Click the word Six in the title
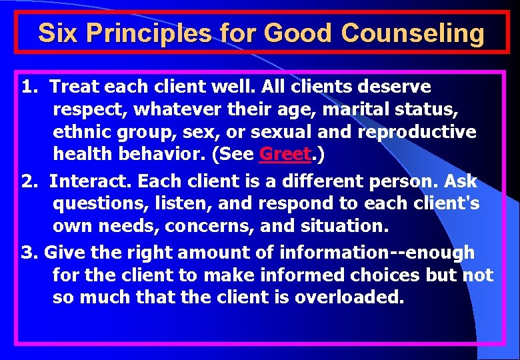pyautogui.click(x=55, y=33)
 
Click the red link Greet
pyautogui.click(x=285, y=154)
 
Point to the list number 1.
pyautogui.click(x=29, y=87)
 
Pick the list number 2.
pyautogui.click(x=29, y=181)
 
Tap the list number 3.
pyautogui.click(x=28, y=253)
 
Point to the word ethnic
pyautogui.click(x=83, y=131)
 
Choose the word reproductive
pyautogui.click(x=417, y=131)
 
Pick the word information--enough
pyautogui.click(x=376, y=253)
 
